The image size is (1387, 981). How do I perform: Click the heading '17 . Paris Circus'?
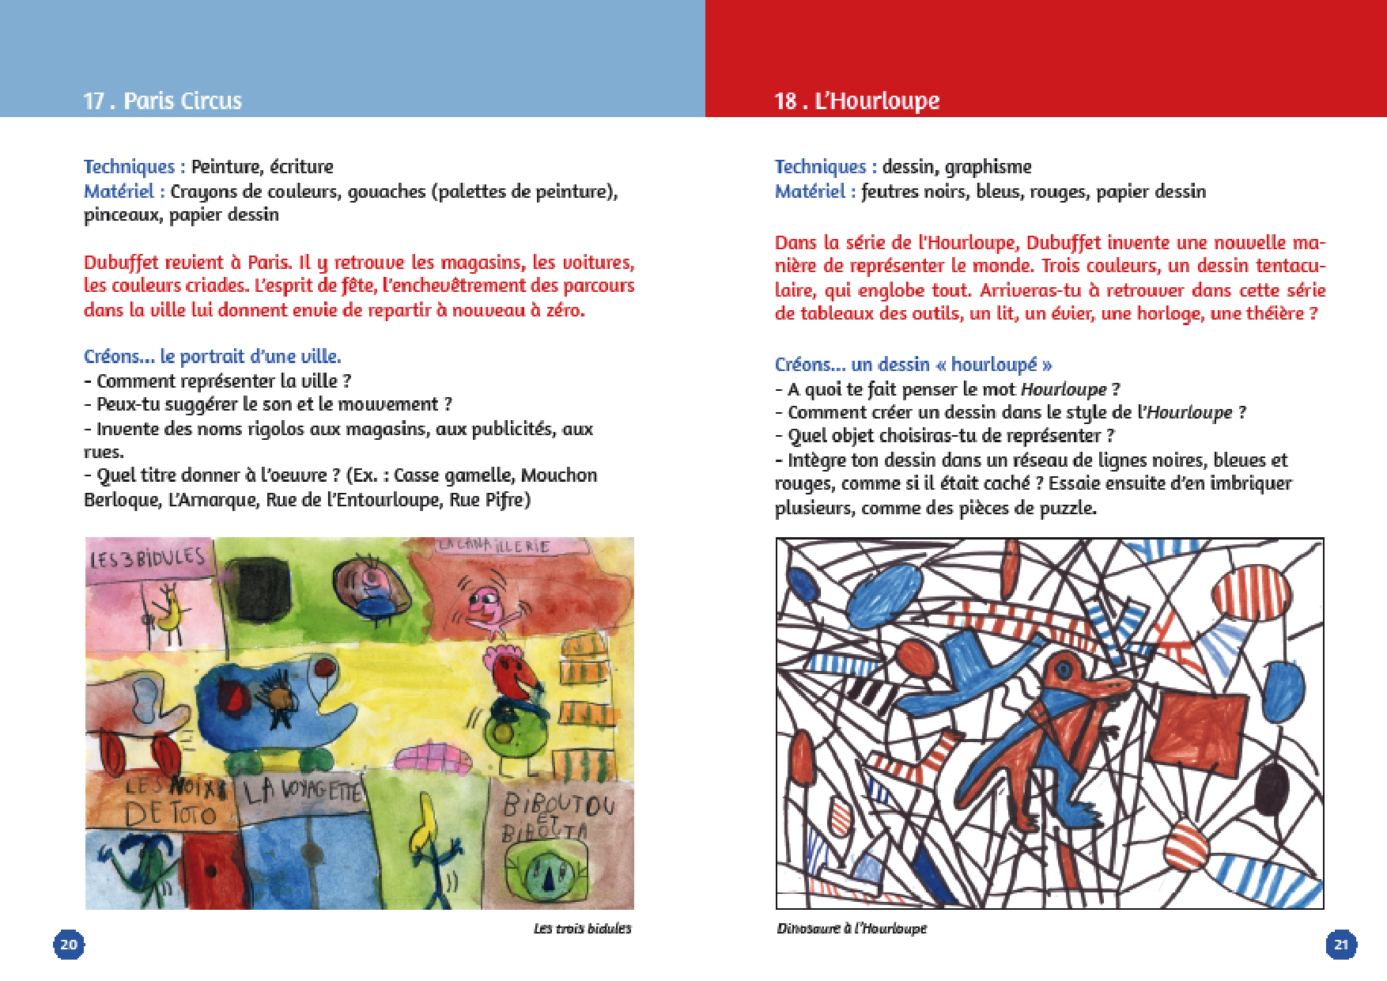pyautogui.click(x=162, y=100)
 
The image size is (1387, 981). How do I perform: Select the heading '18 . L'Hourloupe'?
pyautogui.click(x=856, y=100)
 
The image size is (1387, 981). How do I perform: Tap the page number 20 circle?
pyautogui.click(x=69, y=944)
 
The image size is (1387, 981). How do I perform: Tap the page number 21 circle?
pyautogui.click(x=1341, y=944)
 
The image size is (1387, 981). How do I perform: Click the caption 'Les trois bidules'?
pyautogui.click(x=582, y=928)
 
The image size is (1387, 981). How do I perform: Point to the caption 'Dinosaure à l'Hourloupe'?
pyautogui.click(x=851, y=928)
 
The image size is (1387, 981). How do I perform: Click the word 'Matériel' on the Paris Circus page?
pyautogui.click(x=119, y=191)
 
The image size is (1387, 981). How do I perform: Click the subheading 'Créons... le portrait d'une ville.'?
pyautogui.click(x=212, y=356)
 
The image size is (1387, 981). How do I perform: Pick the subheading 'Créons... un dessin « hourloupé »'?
pyautogui.click(x=913, y=364)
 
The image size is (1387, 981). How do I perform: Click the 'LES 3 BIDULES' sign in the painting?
pyautogui.click(x=147, y=559)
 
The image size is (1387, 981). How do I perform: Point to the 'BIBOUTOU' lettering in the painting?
pyautogui.click(x=558, y=805)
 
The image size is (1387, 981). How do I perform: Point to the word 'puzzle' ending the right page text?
pyautogui.click(x=1068, y=507)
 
